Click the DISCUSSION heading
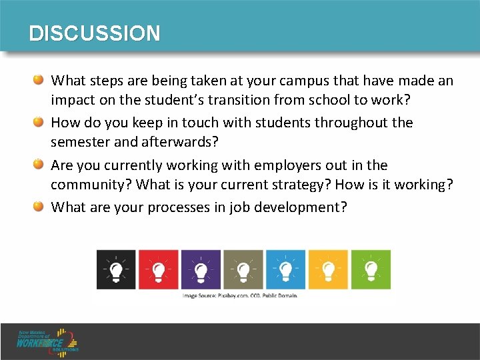(95, 33)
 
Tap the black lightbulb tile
(116, 269)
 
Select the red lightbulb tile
(159, 269)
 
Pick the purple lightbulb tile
(201, 269)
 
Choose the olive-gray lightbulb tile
(243, 269)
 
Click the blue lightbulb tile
(286, 269)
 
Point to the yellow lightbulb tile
(328, 269)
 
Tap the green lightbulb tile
(371, 269)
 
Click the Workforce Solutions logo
(48, 341)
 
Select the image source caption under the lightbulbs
(240, 295)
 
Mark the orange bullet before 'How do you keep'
(39, 122)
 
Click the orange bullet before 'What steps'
(39, 81)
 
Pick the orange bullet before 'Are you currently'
(39, 165)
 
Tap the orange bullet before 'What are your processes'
(39, 207)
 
